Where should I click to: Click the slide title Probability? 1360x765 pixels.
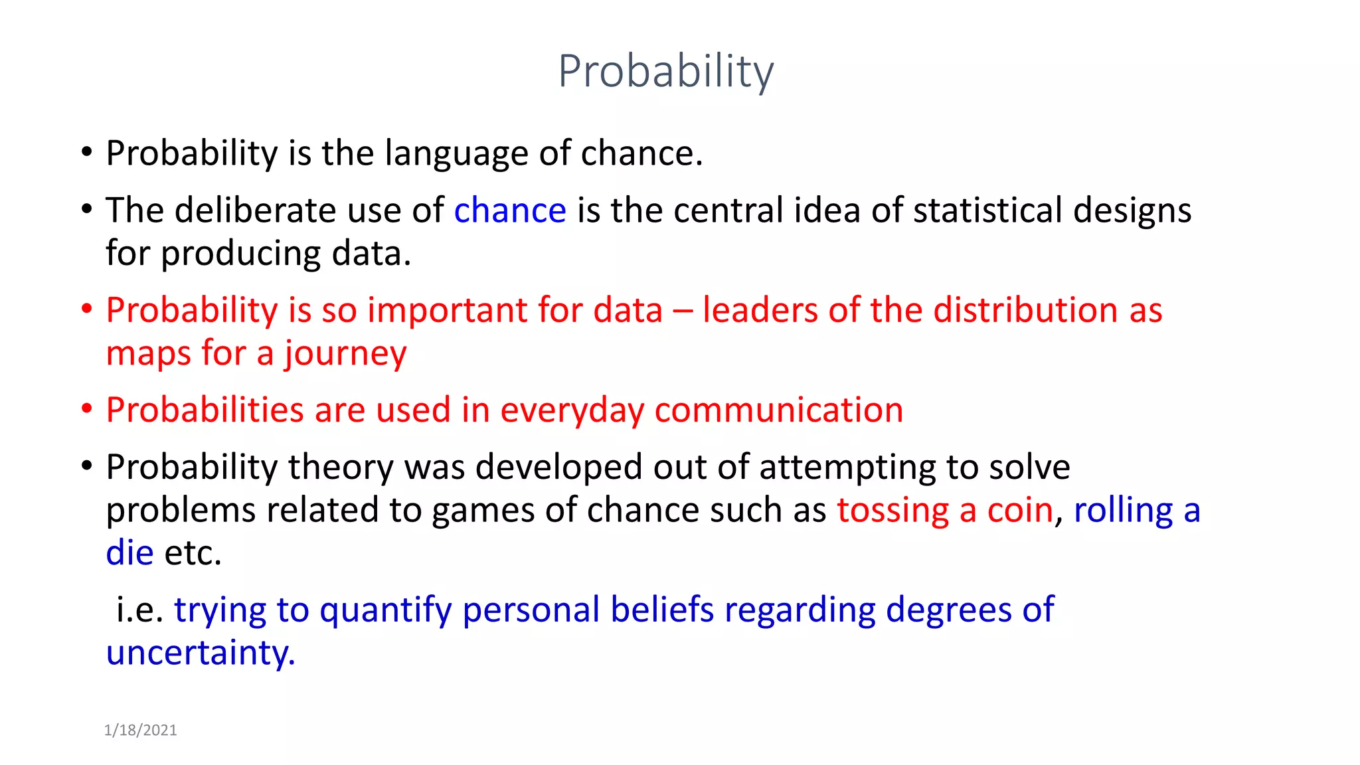(665, 71)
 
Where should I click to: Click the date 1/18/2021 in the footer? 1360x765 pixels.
(140, 730)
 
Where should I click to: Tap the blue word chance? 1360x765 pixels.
(510, 211)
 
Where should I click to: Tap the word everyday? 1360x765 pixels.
(572, 410)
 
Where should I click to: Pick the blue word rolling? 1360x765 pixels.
(1124, 511)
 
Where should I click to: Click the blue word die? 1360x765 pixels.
(129, 553)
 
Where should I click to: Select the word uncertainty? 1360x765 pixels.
(200, 653)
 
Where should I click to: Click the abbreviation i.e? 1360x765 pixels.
(139, 610)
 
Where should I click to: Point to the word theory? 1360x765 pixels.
(341, 467)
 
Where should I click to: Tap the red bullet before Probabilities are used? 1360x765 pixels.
(86, 408)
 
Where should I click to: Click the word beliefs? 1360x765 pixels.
(661, 610)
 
